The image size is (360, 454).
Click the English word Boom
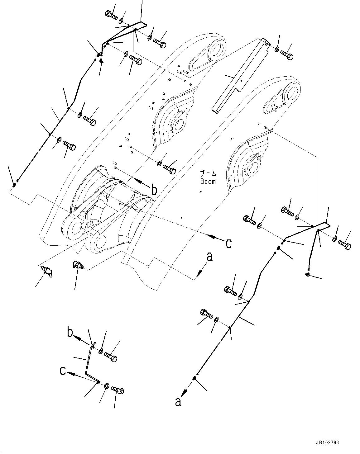(208, 181)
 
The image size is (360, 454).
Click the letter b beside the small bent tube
(70, 333)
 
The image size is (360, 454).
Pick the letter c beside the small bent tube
(63, 371)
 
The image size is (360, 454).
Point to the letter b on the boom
(154, 190)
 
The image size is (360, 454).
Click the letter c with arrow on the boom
(228, 243)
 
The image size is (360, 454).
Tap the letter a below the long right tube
(178, 402)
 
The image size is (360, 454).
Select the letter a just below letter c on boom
(209, 257)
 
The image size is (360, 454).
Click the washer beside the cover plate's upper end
(277, 49)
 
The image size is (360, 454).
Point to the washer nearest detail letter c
(106, 386)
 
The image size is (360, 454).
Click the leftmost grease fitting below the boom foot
(47, 270)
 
